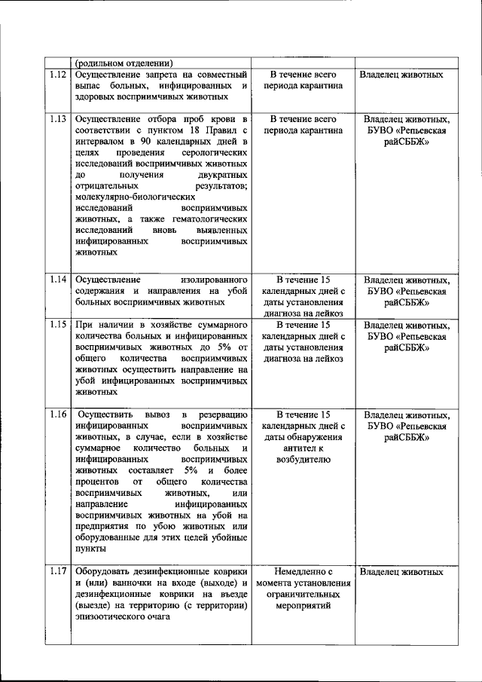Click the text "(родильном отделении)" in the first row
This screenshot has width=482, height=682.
[124, 63]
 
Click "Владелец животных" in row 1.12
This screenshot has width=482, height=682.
[401, 75]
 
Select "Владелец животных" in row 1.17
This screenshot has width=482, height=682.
[401, 572]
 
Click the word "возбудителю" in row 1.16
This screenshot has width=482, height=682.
[303, 457]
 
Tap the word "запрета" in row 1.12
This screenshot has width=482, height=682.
[153, 75]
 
